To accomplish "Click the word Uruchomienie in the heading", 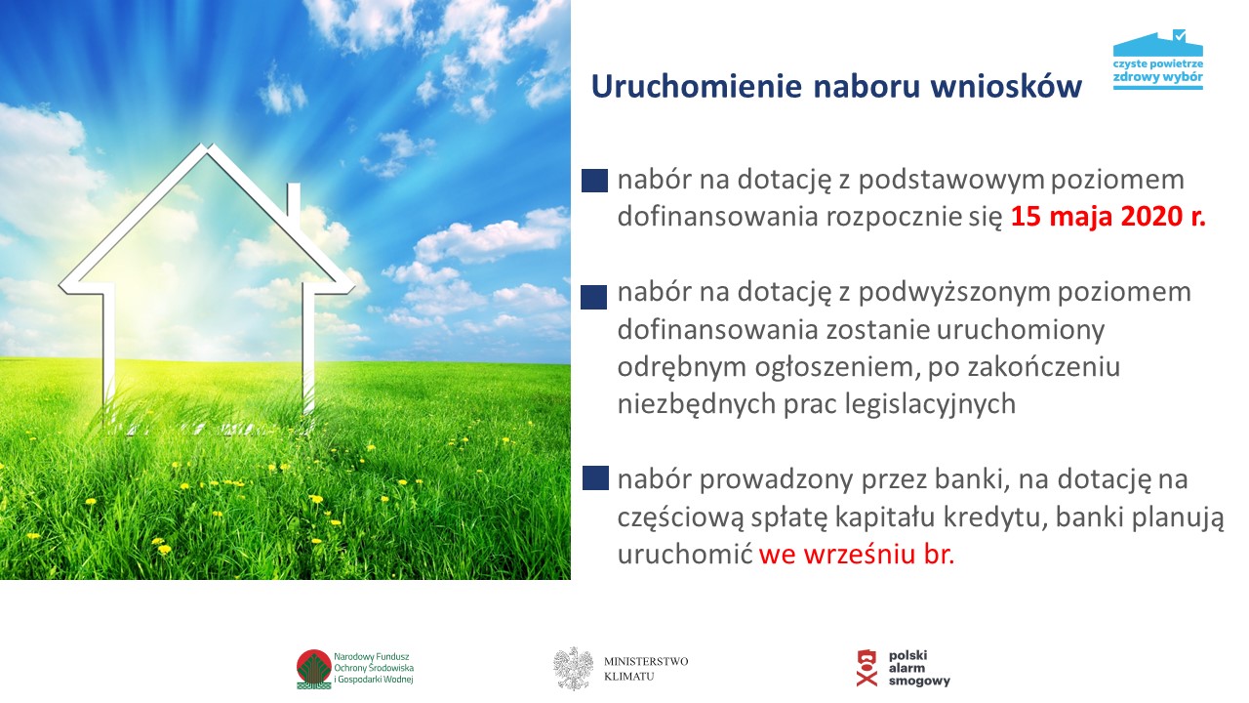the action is (697, 87).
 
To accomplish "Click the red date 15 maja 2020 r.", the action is (1108, 217).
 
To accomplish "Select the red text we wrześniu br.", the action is (857, 555).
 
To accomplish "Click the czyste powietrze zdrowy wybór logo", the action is (1158, 60).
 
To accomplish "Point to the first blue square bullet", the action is (594, 181).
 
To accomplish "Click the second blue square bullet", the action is (594, 297).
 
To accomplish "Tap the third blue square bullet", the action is (595, 478).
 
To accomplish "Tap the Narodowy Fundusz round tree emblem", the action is (314, 669).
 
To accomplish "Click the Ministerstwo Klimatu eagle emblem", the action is (573, 669).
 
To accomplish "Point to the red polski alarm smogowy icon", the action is (866, 668).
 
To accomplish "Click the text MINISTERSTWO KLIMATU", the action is (646, 669).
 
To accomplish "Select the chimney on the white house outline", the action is (294, 200).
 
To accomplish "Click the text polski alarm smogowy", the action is (918, 668).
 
